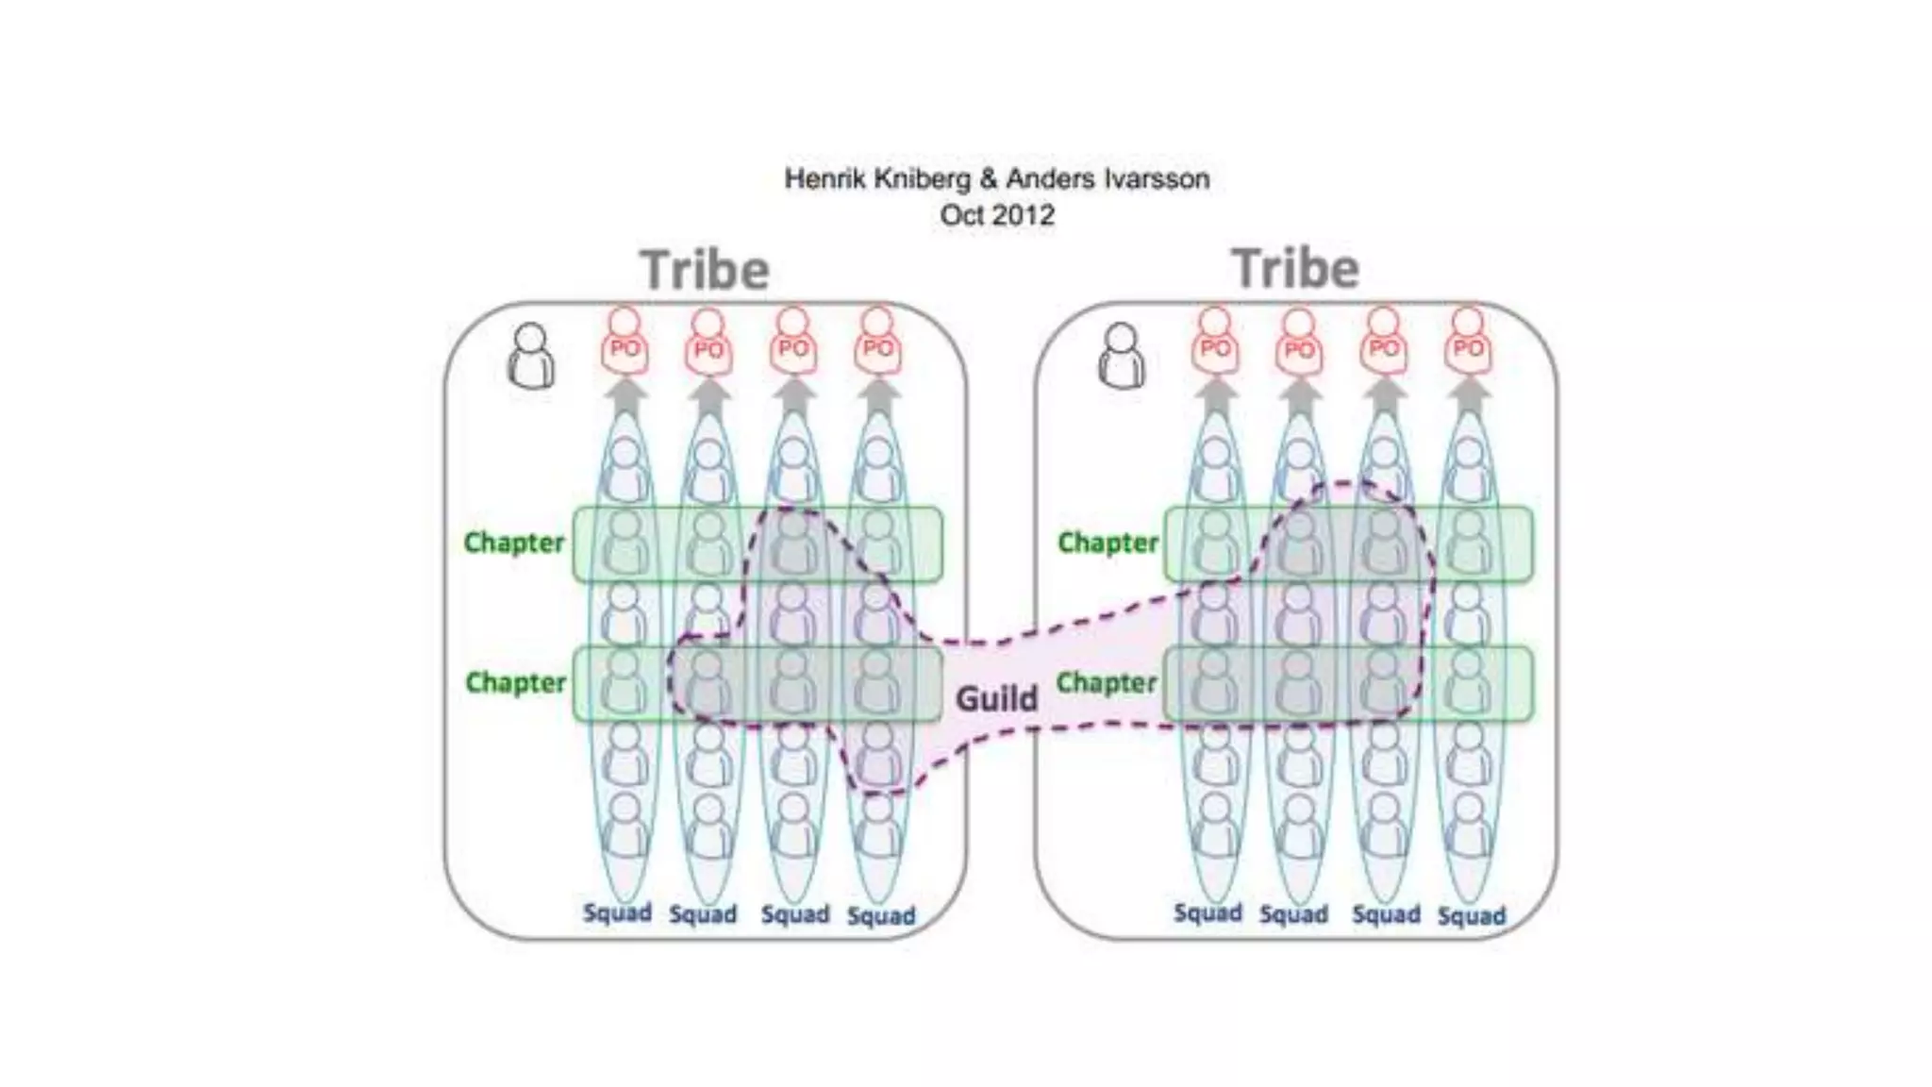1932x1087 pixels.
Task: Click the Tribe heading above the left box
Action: tap(705, 271)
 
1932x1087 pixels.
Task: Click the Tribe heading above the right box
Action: tap(1295, 269)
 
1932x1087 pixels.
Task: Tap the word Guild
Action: tap(996, 699)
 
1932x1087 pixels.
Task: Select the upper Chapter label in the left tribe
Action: tap(514, 543)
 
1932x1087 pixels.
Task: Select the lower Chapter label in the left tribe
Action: tap(515, 682)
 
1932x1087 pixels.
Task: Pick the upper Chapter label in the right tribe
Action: tap(1108, 543)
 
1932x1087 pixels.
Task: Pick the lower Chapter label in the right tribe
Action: tap(1106, 682)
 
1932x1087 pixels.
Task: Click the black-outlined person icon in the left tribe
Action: tap(531, 356)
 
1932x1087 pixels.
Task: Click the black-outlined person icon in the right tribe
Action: tap(1122, 356)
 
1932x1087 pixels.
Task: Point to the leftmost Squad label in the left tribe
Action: tap(617, 912)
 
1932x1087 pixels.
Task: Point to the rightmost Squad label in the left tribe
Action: tap(881, 915)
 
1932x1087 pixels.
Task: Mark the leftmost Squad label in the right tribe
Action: tap(1207, 912)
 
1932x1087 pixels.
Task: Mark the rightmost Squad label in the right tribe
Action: tap(1472, 915)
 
